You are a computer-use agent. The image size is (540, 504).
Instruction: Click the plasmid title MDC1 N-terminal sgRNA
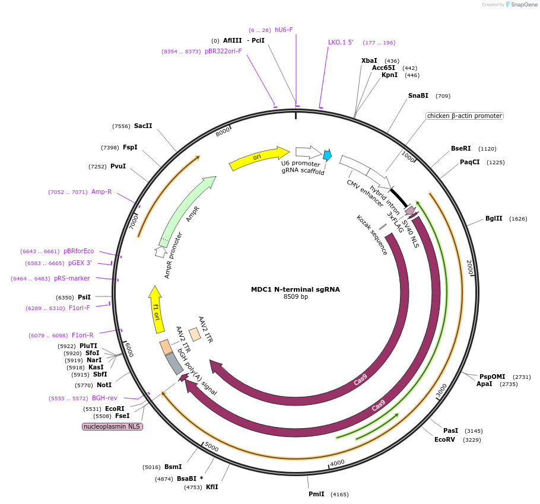click(295, 289)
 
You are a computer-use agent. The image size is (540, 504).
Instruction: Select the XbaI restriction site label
click(369, 60)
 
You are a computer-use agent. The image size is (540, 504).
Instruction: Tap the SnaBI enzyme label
click(418, 95)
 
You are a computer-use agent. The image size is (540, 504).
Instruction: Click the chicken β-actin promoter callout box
click(464, 116)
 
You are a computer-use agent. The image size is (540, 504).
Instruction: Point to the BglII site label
click(493, 218)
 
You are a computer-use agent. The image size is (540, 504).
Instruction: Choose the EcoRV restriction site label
click(444, 439)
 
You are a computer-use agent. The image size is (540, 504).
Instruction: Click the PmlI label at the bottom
click(316, 494)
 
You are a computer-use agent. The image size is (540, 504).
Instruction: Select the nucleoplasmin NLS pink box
click(112, 426)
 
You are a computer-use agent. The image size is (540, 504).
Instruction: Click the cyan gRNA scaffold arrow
click(327, 155)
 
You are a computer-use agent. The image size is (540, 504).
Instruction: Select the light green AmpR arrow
click(186, 211)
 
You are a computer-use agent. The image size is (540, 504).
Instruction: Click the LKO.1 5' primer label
click(341, 42)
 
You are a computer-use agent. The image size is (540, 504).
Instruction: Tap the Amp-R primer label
click(101, 192)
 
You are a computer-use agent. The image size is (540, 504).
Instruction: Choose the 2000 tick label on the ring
click(469, 267)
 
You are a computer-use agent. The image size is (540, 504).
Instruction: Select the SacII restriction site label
click(143, 126)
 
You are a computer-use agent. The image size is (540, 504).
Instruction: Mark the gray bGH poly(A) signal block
click(174, 363)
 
